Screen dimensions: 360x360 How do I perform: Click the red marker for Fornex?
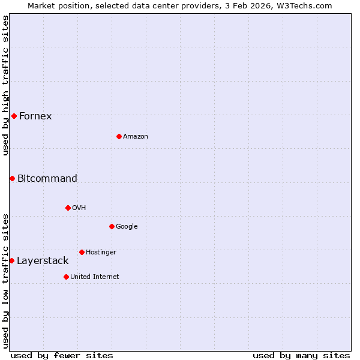14,116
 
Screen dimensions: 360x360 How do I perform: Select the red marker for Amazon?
119,136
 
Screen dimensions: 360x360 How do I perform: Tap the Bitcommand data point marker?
12,178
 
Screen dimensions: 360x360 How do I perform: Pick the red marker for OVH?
68,208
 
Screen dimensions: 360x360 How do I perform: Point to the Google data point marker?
112,226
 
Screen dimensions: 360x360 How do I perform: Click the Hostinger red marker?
82,252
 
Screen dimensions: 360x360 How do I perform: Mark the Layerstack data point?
11,260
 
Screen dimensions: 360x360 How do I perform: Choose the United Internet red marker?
66,277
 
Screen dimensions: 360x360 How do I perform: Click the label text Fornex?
35,116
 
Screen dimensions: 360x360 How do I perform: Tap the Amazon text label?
136,136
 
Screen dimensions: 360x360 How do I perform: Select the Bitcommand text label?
47,178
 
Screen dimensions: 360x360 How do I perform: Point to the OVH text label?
79,208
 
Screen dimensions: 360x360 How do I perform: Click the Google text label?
127,226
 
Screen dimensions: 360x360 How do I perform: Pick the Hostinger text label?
101,252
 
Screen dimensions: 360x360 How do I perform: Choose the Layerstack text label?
43,260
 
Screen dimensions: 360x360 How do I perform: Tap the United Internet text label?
95,277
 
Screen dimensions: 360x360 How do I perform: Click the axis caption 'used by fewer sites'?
62,355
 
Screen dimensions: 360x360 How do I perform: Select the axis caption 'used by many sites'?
301,355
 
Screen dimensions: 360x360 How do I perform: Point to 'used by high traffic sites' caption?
5,85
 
